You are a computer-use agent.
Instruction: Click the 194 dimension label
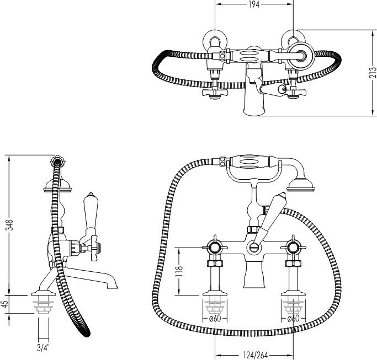click(254, 4)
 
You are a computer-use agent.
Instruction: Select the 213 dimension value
click(373, 72)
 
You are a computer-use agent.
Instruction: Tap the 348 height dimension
click(9, 225)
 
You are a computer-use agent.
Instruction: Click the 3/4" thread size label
click(43, 348)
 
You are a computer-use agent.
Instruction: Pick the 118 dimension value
click(179, 271)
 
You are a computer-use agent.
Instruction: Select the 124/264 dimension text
click(256, 354)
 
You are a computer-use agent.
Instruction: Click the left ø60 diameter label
click(215, 319)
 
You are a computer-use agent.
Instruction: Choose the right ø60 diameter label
click(293, 319)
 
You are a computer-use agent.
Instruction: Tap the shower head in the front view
click(300, 185)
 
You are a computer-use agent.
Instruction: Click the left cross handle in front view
click(215, 248)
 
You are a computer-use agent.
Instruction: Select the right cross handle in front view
click(293, 248)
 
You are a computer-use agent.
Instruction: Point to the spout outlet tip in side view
click(113, 286)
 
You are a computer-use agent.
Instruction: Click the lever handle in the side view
click(90, 211)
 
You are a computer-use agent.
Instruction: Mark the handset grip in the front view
click(249, 162)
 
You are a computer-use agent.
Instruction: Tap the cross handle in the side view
click(94, 248)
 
